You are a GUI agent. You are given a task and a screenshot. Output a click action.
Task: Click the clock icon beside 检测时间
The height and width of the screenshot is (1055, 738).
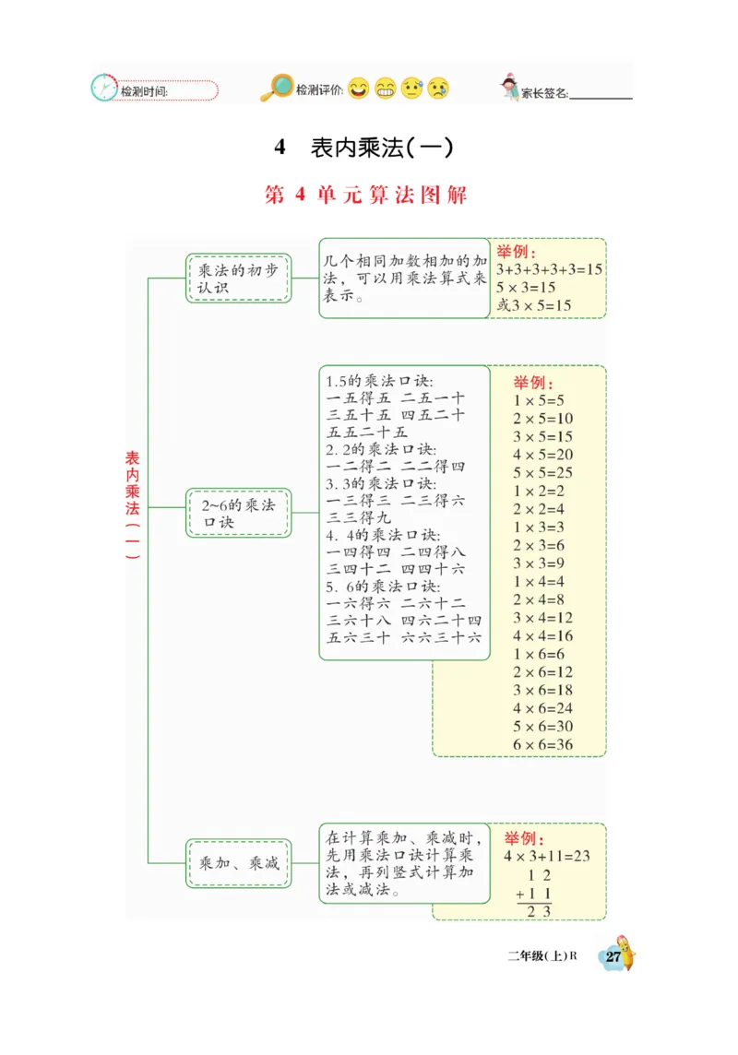(x=103, y=88)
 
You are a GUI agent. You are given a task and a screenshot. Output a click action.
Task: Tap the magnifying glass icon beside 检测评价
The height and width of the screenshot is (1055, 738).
(x=275, y=88)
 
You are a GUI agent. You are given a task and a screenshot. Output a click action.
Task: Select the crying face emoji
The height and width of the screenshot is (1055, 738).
(x=438, y=89)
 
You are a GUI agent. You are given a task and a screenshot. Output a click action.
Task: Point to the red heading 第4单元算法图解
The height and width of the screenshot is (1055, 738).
(x=366, y=196)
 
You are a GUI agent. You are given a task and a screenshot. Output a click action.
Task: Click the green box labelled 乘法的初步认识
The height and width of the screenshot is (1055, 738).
(x=238, y=279)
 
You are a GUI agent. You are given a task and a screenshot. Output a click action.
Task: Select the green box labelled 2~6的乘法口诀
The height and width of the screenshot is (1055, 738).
(x=238, y=513)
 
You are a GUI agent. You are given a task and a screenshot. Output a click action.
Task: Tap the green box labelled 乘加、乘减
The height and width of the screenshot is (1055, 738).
(x=238, y=863)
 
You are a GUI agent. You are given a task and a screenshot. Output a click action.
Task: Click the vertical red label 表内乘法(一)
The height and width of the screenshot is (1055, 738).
(x=133, y=506)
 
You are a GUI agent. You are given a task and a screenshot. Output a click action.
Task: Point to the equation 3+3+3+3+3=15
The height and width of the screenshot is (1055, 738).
(x=549, y=269)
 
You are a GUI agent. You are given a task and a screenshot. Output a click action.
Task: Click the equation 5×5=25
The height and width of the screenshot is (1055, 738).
(x=543, y=473)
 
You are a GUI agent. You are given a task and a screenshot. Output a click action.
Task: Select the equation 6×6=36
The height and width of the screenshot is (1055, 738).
(x=543, y=744)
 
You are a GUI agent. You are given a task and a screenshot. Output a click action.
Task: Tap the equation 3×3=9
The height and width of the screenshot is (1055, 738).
(x=540, y=563)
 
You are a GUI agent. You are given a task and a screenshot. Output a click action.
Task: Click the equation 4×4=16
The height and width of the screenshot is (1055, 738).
(x=543, y=635)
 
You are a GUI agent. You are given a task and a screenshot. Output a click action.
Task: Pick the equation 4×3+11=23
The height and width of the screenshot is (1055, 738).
(x=546, y=856)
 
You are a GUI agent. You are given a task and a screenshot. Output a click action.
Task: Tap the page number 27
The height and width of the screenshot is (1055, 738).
(x=613, y=956)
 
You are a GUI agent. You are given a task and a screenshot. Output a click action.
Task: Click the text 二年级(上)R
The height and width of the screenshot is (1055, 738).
(x=542, y=955)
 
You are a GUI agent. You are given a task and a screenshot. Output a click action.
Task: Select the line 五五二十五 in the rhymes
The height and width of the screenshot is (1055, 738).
(x=367, y=432)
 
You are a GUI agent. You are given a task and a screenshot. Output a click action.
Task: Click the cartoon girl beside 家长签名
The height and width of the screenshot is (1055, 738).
(x=509, y=88)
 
